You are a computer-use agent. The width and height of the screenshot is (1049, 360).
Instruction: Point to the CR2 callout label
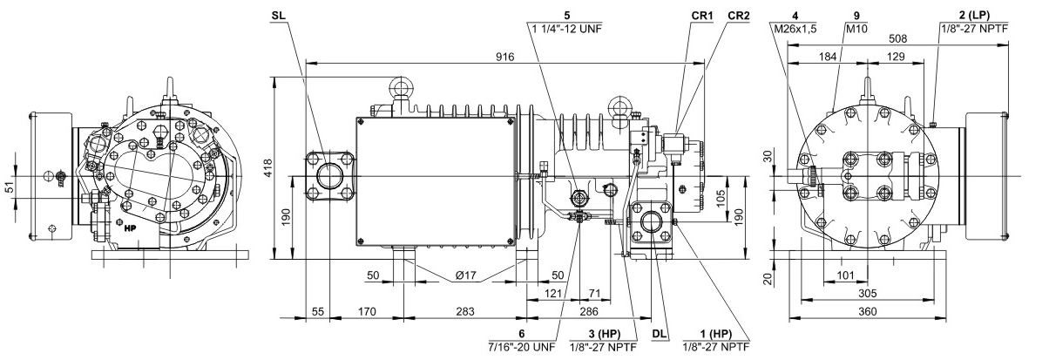point(738,16)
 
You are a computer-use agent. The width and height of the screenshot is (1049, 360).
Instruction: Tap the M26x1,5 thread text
point(795,29)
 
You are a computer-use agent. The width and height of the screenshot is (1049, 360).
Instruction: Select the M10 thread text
point(858,29)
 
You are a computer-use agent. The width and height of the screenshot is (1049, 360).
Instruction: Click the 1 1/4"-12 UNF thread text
point(565,29)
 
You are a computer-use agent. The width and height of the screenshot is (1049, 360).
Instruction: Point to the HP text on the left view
point(132,229)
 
